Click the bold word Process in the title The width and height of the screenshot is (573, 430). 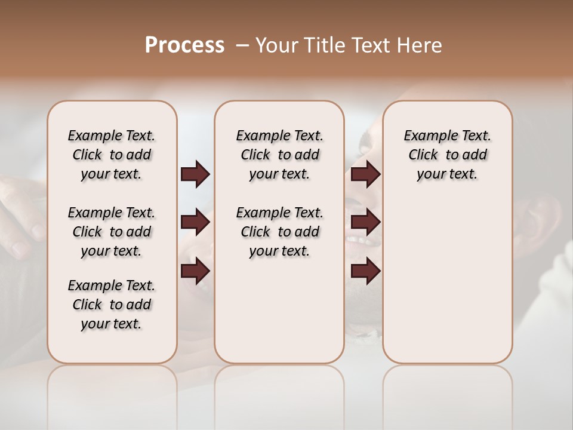(184, 45)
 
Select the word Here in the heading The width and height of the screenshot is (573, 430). (420, 45)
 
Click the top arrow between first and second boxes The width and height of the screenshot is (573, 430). (195, 174)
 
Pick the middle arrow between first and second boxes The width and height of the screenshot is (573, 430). (195, 222)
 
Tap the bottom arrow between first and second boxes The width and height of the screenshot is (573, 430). (195, 271)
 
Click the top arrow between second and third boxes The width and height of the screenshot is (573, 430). (365, 174)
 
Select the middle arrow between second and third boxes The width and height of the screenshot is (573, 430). (365, 222)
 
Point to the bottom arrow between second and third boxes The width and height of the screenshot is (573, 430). (365, 271)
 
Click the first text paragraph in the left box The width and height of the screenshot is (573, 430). (112, 155)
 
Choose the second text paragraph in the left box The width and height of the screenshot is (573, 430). (112, 232)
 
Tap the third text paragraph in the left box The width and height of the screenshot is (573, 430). (112, 305)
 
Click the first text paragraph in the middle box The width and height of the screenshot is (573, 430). (279, 155)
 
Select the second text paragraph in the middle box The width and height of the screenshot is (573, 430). (279, 232)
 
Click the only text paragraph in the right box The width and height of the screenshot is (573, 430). (448, 155)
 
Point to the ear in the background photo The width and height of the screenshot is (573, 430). (537, 221)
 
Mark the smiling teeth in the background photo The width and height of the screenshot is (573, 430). (361, 241)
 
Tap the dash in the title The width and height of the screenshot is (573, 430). (242, 45)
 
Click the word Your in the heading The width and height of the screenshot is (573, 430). (276, 45)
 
